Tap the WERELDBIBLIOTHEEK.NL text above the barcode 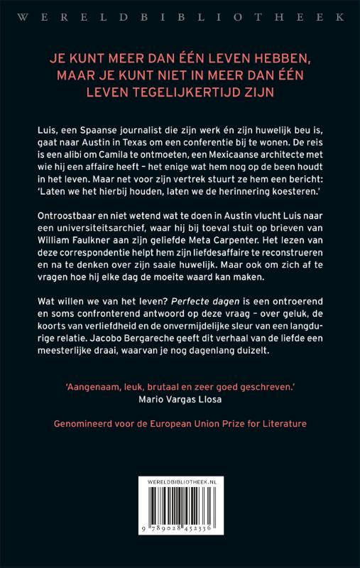[180, 483]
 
